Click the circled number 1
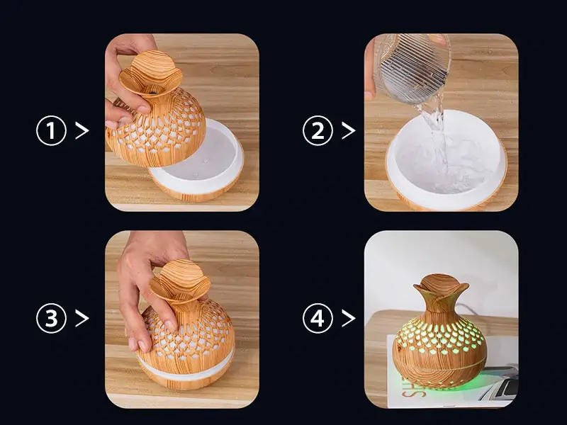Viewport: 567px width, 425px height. pyautogui.click(x=51, y=130)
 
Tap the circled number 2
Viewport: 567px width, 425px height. pyautogui.click(x=318, y=130)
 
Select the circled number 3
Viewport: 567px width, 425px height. pyautogui.click(x=51, y=318)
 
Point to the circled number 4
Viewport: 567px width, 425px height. pyautogui.click(x=318, y=318)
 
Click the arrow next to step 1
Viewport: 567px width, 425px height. pyautogui.click(x=82, y=130)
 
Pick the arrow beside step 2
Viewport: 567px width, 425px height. pyautogui.click(x=348, y=130)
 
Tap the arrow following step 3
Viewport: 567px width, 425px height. pyautogui.click(x=82, y=318)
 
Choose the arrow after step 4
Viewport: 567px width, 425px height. pyautogui.click(x=348, y=318)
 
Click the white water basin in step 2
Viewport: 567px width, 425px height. pyautogui.click(x=447, y=159)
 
